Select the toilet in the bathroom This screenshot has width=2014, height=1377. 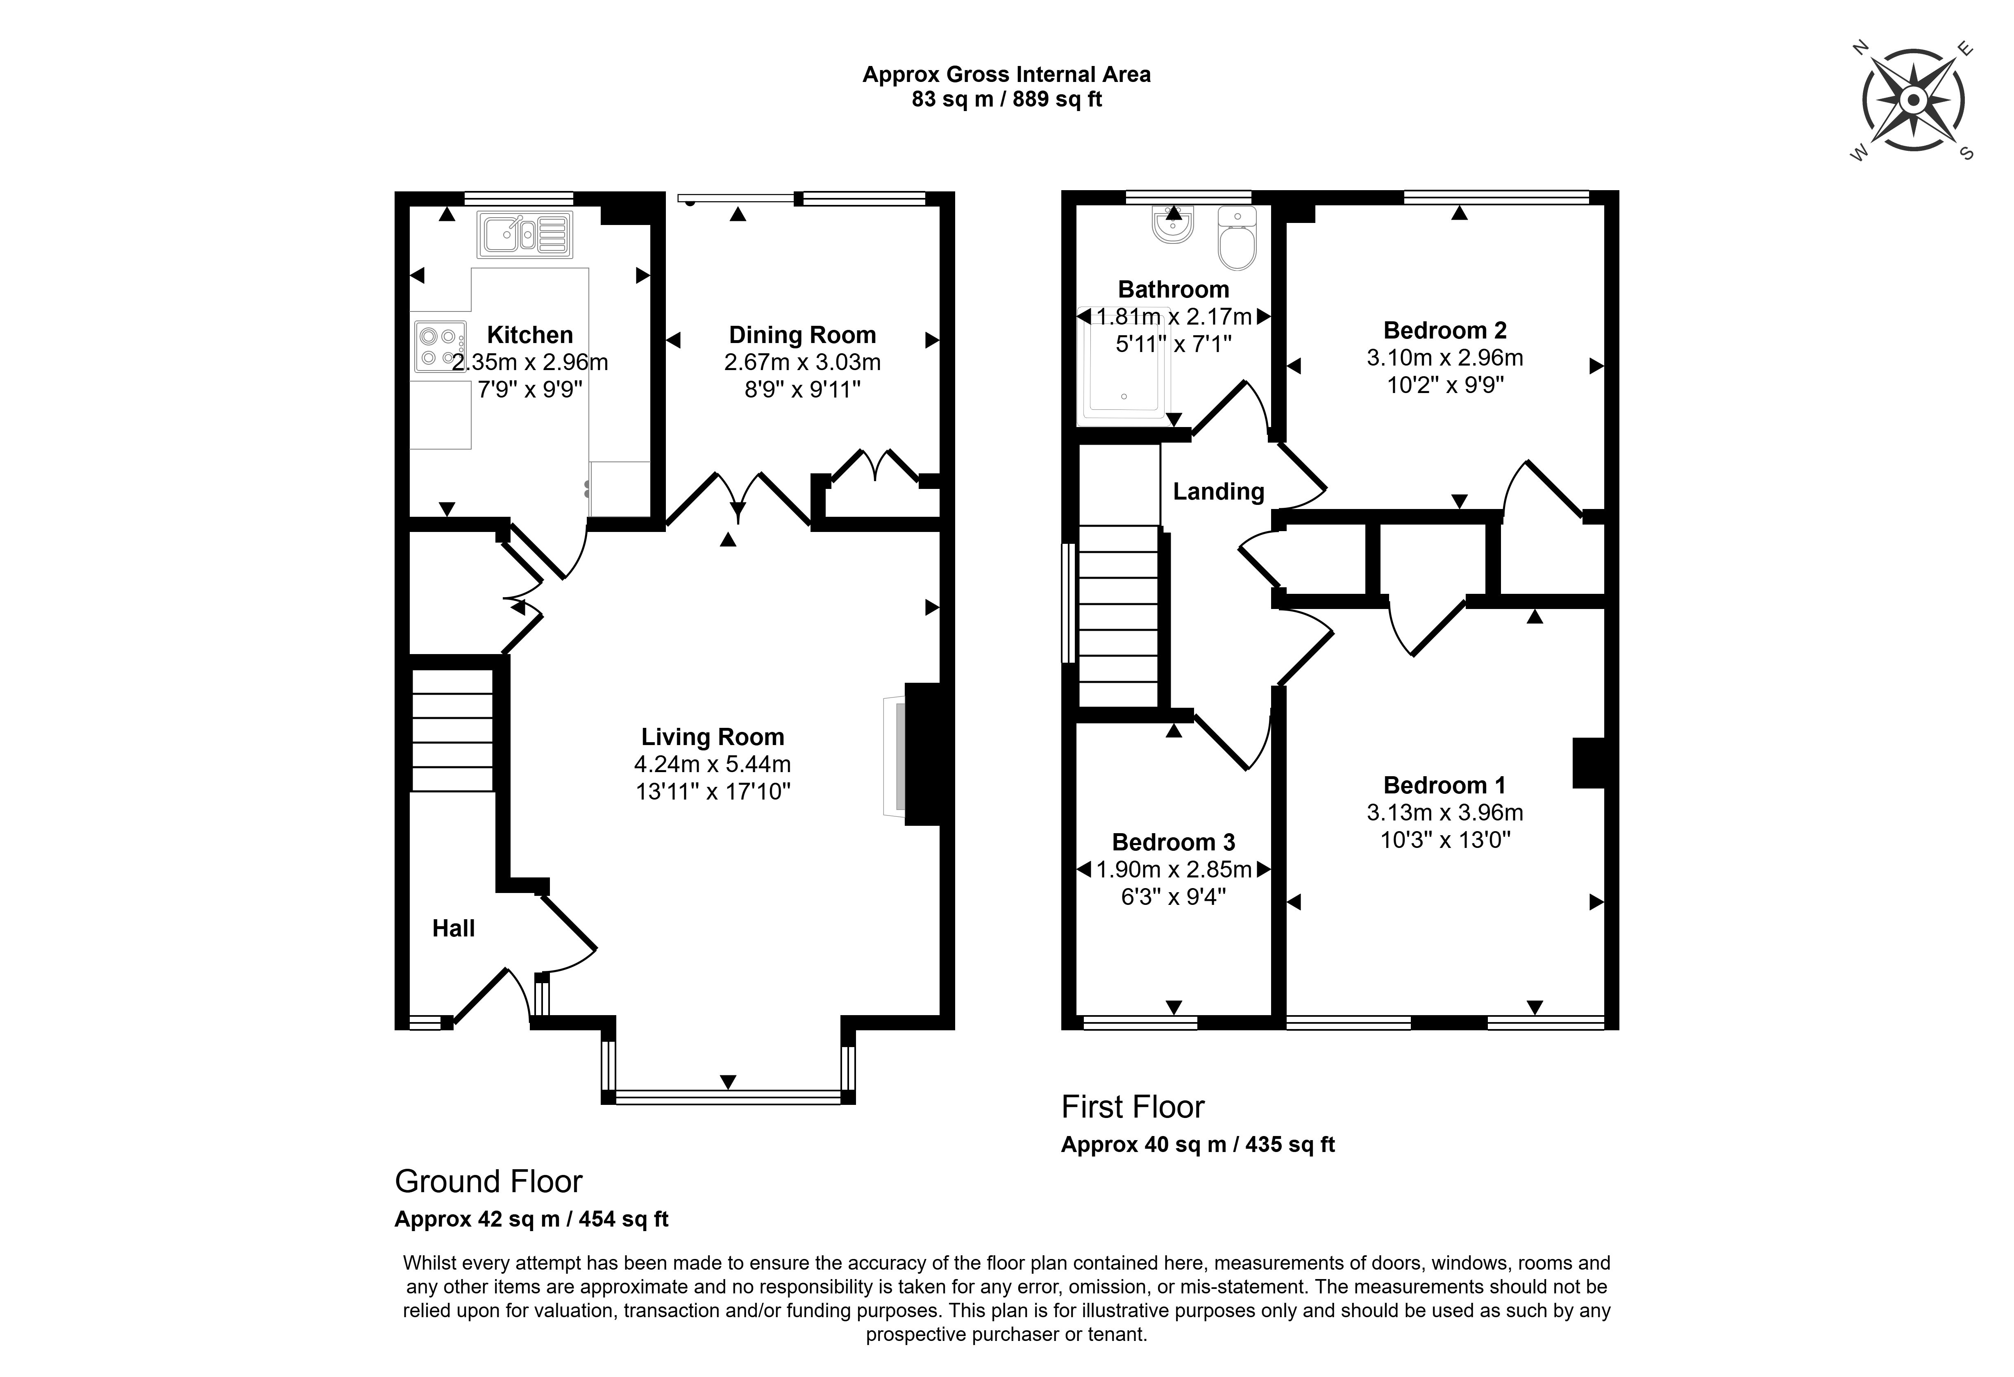point(1237,238)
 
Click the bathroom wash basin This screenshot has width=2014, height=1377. point(1174,225)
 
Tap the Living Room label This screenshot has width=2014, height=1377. point(712,736)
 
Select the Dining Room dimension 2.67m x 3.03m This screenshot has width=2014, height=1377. point(802,362)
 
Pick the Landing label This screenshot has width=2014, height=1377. point(1219,491)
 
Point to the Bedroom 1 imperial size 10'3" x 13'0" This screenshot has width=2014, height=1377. point(1445,840)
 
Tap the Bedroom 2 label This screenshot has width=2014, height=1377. point(1445,330)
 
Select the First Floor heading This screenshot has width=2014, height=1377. point(1133,1107)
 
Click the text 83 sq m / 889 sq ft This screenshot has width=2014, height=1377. point(1006,100)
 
